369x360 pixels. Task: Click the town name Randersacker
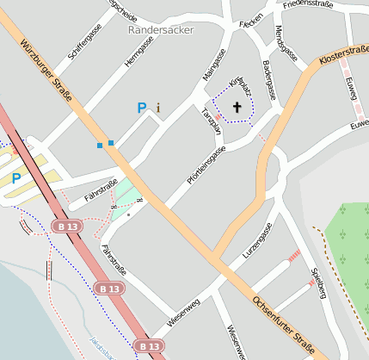[x=161, y=29]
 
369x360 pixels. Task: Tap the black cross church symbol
[x=237, y=108]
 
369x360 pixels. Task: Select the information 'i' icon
[x=158, y=108]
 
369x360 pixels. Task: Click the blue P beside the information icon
[x=142, y=108]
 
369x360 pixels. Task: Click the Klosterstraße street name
[x=343, y=57]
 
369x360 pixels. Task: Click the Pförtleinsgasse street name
[x=206, y=164]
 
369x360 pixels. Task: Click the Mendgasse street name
[x=286, y=43]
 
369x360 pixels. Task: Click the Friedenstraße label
[x=308, y=4]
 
